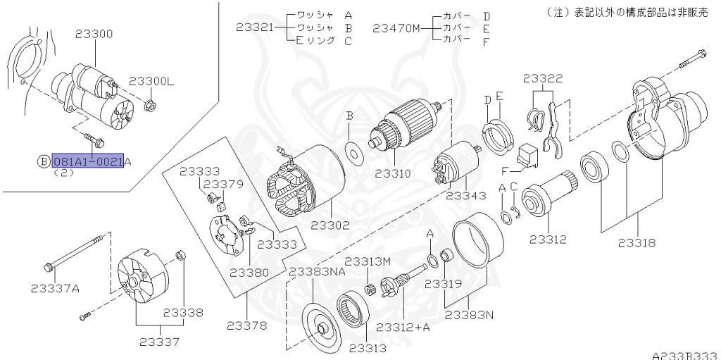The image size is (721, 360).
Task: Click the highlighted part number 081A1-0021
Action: pos(88,161)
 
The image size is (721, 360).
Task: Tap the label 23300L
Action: pos(151,82)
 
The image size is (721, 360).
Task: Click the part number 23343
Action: pos(466,195)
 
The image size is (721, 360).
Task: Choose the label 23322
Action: pos(542,79)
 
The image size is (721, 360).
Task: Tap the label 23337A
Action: pos(55,287)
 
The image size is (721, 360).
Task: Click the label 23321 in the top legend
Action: pos(254,27)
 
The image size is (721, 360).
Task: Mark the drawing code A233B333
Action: pos(684,354)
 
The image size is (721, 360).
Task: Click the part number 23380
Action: pos(249,272)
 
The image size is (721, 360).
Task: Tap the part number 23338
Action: pos(183,312)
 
